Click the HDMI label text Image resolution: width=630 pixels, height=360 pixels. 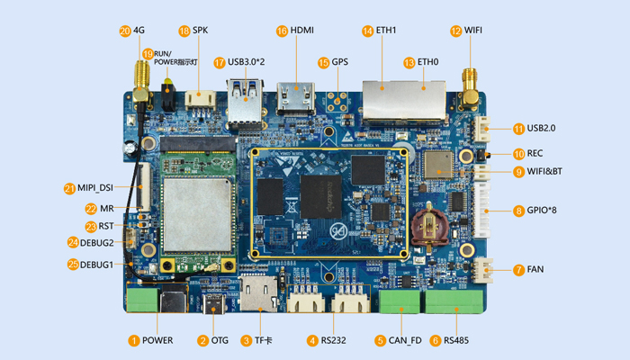click(x=301, y=31)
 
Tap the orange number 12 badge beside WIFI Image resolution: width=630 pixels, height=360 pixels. click(x=456, y=31)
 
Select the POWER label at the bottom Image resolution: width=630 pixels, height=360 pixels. click(x=157, y=341)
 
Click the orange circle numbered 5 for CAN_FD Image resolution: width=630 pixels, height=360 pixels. click(x=381, y=341)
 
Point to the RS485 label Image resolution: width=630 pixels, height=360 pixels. click(x=456, y=341)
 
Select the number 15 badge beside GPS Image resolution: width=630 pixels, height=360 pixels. click(x=323, y=63)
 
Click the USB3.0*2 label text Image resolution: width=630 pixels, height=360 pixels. click(x=247, y=63)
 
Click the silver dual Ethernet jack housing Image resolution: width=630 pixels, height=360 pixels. click(x=404, y=98)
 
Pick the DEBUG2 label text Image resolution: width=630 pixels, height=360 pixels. click(x=97, y=243)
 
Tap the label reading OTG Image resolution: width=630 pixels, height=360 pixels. click(x=220, y=341)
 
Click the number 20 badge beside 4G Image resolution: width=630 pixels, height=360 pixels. click(x=124, y=31)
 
